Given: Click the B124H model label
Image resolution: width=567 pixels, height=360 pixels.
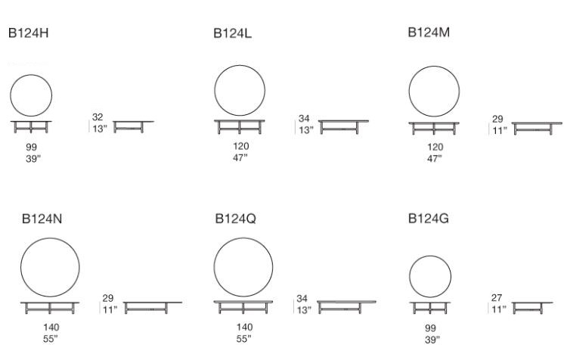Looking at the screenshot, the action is click(28, 33).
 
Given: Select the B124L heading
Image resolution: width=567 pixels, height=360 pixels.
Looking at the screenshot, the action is click(232, 33).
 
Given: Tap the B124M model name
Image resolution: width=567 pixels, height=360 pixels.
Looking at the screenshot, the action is click(429, 33).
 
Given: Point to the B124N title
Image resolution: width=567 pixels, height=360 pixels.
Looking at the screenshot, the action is click(42, 219).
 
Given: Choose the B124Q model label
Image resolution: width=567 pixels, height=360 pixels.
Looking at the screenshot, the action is click(235, 219).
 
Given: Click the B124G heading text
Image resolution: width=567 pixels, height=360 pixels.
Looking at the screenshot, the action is click(429, 219).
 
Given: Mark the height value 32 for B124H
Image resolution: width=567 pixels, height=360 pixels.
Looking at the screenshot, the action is click(98, 117).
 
